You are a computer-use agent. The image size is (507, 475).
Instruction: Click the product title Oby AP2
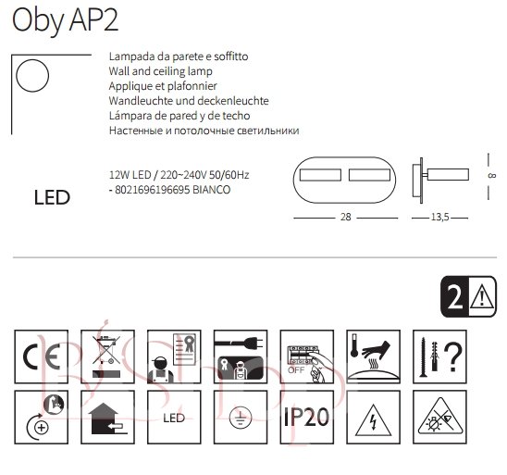pos(65,20)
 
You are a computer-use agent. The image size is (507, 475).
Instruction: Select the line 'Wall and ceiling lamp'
pos(160,71)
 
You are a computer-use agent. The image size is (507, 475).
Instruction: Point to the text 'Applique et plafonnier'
pos(163,86)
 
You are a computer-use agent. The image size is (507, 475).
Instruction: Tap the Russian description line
pos(204,131)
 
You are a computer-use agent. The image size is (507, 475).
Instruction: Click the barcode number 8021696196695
pos(152,190)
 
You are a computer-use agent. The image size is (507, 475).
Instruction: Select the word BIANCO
pos(212,190)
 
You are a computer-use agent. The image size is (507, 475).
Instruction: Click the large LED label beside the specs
pos(52,198)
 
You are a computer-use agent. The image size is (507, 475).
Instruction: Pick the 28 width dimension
pos(346,217)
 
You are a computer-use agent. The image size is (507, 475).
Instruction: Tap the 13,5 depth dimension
pos(440,217)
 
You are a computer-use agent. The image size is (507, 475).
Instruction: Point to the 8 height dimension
pos(491,176)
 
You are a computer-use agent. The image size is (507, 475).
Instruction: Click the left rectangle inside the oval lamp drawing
pos(320,175)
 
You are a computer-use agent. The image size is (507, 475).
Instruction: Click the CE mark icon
pos(42,356)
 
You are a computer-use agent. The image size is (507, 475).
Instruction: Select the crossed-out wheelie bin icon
pos(107,356)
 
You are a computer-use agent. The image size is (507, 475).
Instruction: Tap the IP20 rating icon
pos(306,417)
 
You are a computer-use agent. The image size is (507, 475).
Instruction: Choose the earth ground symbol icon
pos(241,417)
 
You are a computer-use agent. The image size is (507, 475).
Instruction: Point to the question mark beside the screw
pos(453,357)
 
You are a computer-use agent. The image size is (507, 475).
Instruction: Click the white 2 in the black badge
pos(455,297)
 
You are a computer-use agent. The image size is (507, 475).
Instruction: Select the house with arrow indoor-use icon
pos(107,417)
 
